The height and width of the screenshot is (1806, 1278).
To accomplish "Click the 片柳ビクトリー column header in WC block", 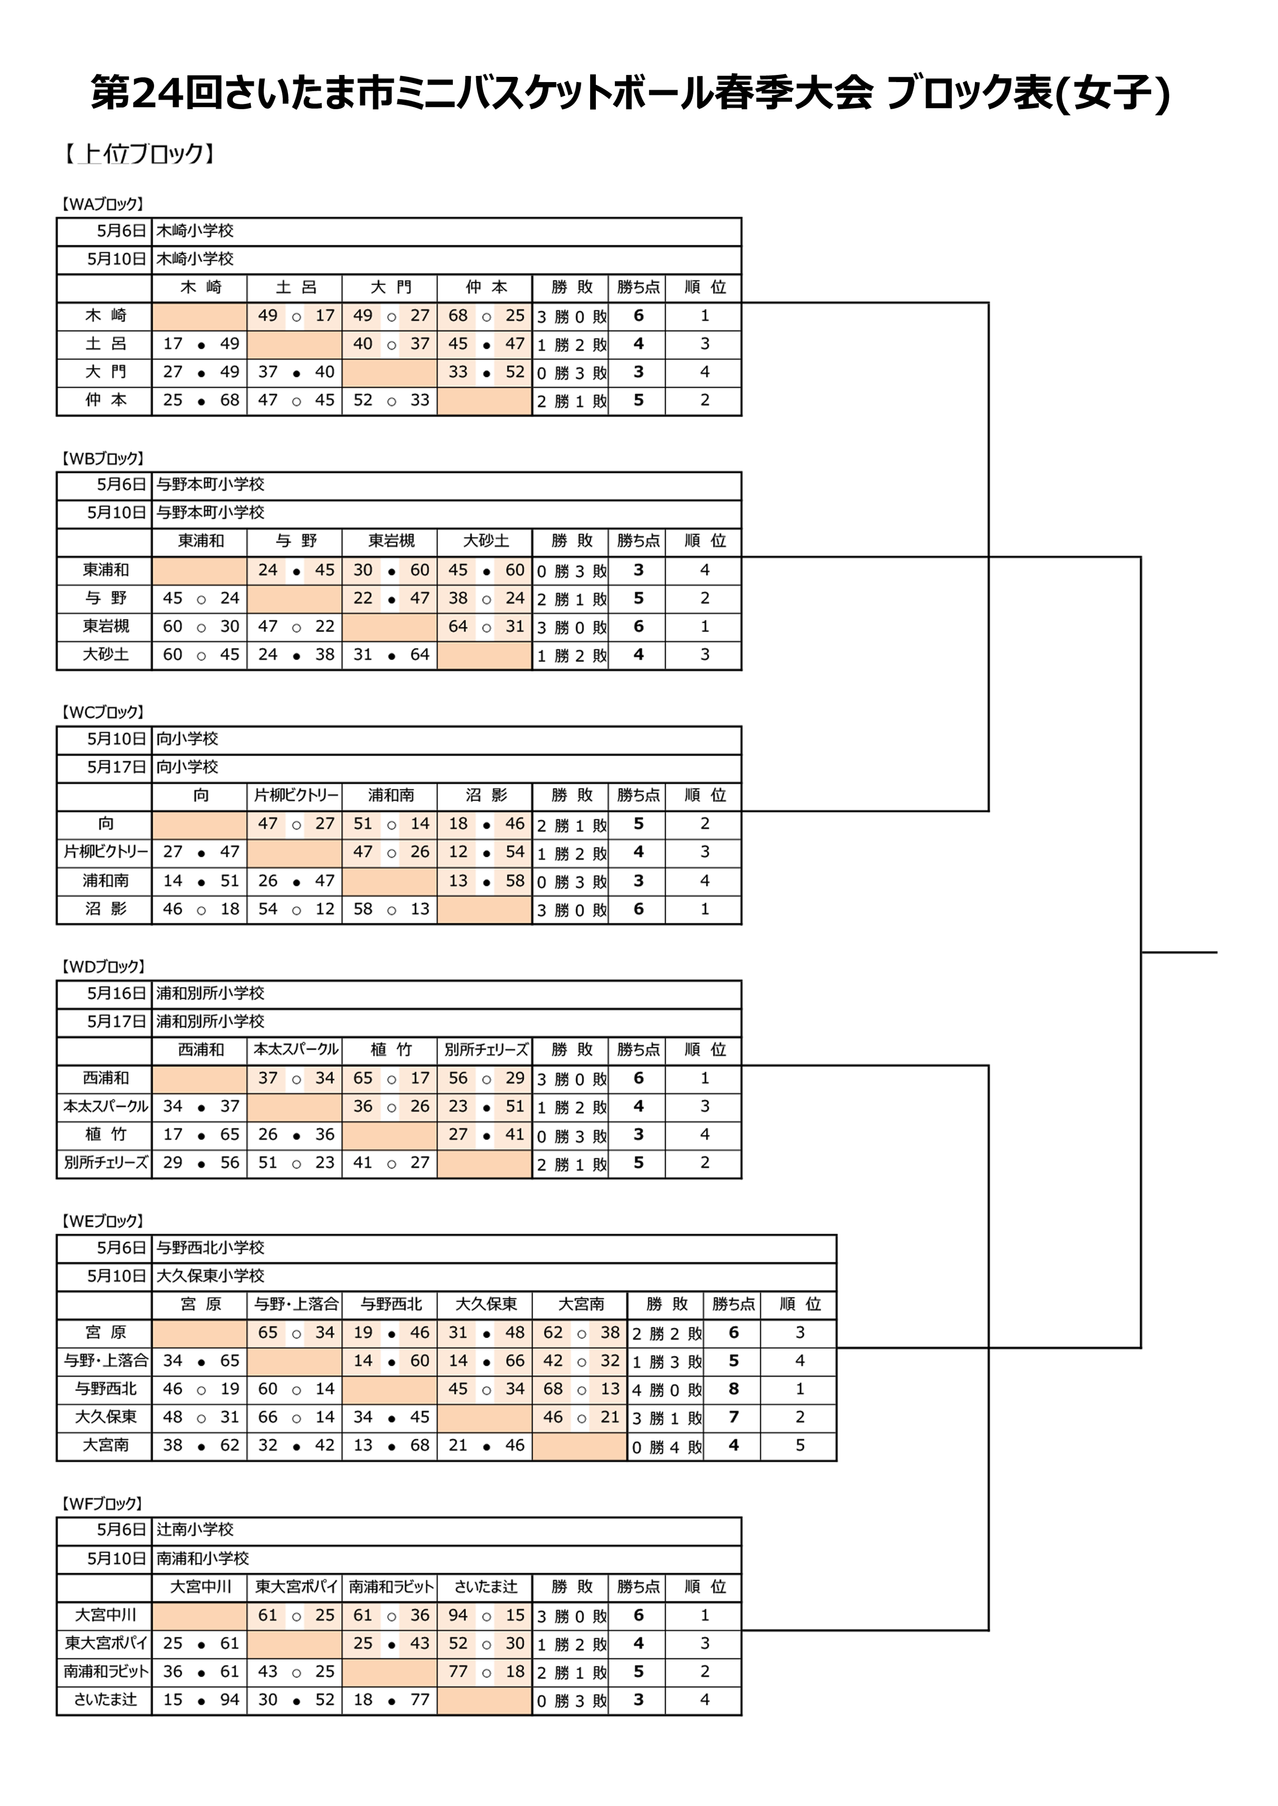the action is coord(295,795).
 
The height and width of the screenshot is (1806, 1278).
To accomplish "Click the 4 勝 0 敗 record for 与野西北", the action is coord(667,1390).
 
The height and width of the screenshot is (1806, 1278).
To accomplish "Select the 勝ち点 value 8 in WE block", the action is coord(733,1389).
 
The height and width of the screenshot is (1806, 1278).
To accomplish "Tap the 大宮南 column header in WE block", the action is coord(581,1304).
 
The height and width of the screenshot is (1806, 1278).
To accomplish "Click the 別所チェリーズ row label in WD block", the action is coord(106,1162).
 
